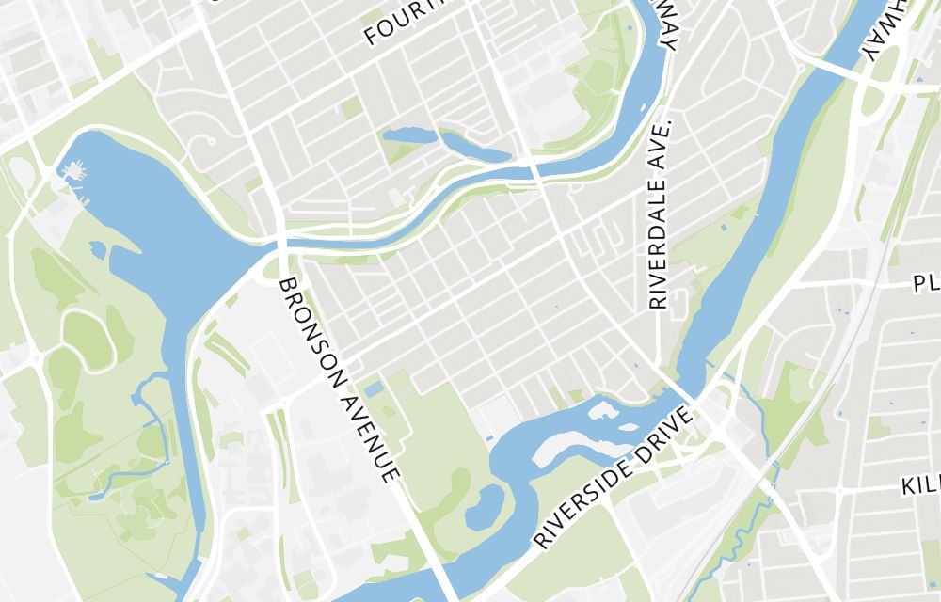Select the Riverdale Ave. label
tap(659, 214)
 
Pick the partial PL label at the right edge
tap(926, 283)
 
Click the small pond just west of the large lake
tap(97, 249)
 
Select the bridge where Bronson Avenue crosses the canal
tap(281, 243)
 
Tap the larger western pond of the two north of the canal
tap(409, 135)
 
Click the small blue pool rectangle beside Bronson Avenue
tap(374, 388)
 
